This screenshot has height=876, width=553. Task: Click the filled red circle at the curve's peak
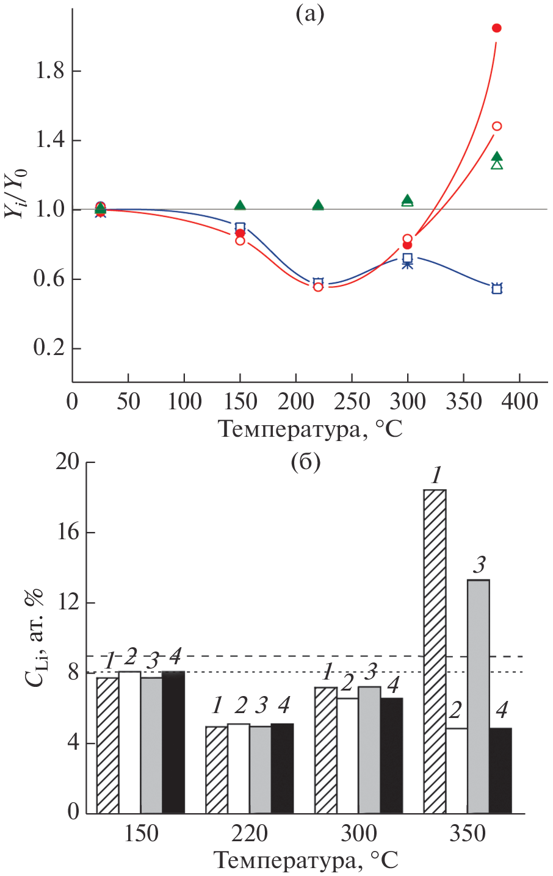click(x=496, y=28)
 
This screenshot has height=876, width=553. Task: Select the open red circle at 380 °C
click(x=497, y=126)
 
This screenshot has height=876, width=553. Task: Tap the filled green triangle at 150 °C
click(x=240, y=205)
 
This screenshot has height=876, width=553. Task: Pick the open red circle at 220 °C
click(x=318, y=287)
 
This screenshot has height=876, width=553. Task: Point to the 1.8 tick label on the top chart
click(x=49, y=71)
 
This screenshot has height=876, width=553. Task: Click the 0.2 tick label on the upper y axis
click(x=49, y=350)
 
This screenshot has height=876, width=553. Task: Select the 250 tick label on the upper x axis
click(x=352, y=402)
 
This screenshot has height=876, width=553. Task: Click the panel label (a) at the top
click(x=309, y=14)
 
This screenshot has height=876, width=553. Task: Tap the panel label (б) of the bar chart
click(x=305, y=463)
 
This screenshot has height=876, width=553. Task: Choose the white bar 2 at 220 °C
click(x=239, y=769)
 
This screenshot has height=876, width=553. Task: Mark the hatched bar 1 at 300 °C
click(x=325, y=750)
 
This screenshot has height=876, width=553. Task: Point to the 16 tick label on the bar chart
click(x=68, y=533)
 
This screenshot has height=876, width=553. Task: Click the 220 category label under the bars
click(x=250, y=833)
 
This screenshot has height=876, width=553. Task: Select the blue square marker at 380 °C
click(x=497, y=289)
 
